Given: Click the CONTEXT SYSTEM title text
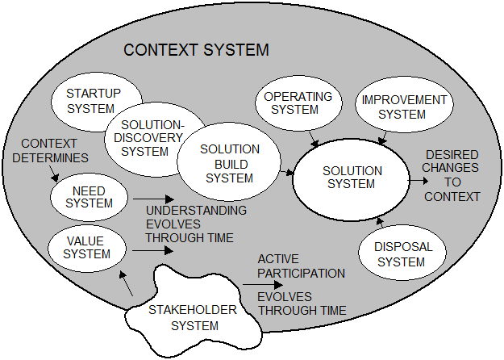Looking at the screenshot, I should tap(196, 51).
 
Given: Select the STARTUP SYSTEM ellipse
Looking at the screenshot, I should tap(90, 100).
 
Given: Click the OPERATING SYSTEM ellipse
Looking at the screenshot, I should tap(298, 103).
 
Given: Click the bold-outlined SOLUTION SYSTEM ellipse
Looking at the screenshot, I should tap(348, 178).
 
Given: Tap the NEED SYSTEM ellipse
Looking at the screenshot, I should tap(89, 197).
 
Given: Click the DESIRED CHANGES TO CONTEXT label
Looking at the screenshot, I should tap(452, 175).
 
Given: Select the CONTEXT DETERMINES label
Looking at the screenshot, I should tap(49, 150).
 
